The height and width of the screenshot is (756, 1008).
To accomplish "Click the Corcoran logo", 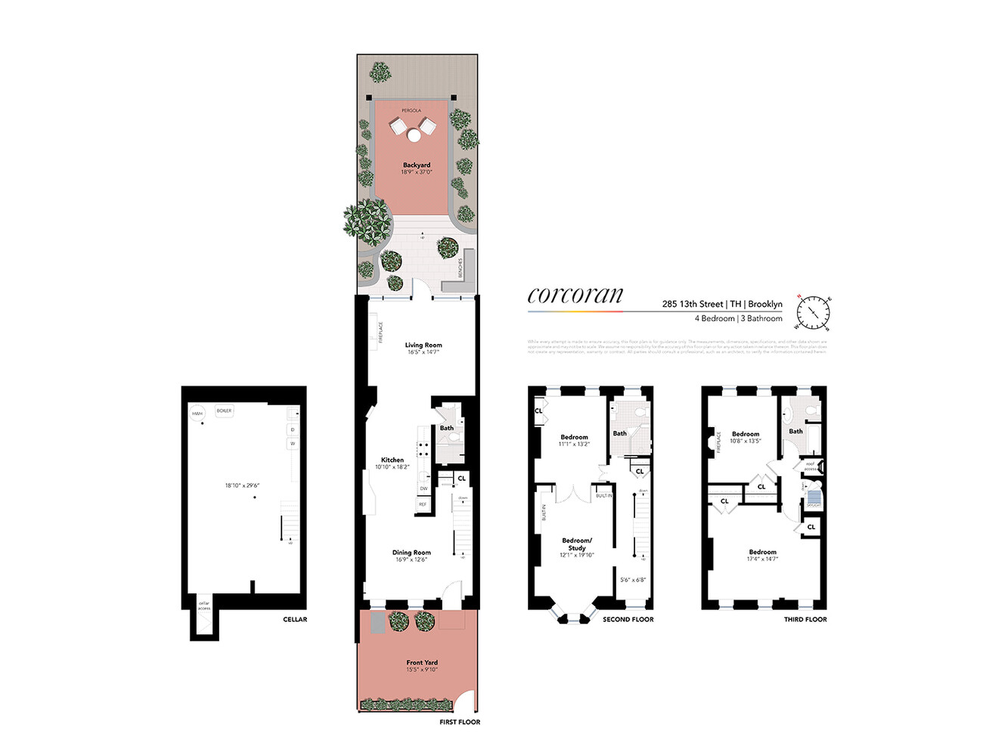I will point(575,295).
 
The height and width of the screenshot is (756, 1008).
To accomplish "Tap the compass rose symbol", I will point(814,312).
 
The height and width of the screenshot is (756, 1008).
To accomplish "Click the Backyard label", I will point(417,165).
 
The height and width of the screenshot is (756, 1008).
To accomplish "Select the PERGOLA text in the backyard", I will point(411,111).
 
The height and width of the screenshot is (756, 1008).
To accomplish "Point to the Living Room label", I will point(423,345).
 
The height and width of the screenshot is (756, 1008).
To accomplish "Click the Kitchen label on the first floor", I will point(392,460).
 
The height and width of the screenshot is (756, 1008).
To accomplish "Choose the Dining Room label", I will point(411,553).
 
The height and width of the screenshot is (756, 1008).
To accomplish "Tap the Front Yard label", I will point(422,662).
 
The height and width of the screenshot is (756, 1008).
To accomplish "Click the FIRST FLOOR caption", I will point(460,722).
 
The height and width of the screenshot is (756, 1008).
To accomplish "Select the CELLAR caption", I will point(295,619).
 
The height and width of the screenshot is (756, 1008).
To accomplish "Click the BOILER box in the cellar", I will point(224,411).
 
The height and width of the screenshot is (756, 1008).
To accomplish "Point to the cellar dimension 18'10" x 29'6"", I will point(242,485).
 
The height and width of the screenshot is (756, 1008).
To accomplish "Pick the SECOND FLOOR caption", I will point(628,619).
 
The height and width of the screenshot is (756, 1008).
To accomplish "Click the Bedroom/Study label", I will point(577,544).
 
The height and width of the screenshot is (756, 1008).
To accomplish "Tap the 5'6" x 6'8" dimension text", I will point(633,580).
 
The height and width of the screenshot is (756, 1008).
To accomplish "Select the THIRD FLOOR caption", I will point(805,619).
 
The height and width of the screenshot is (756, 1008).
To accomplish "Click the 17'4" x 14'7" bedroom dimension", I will point(762,559).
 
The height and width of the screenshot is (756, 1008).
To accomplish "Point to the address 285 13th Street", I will point(693,304).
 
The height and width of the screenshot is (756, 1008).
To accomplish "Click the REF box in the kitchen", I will point(423,504).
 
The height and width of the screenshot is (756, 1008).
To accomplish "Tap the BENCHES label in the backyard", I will point(460,268).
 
